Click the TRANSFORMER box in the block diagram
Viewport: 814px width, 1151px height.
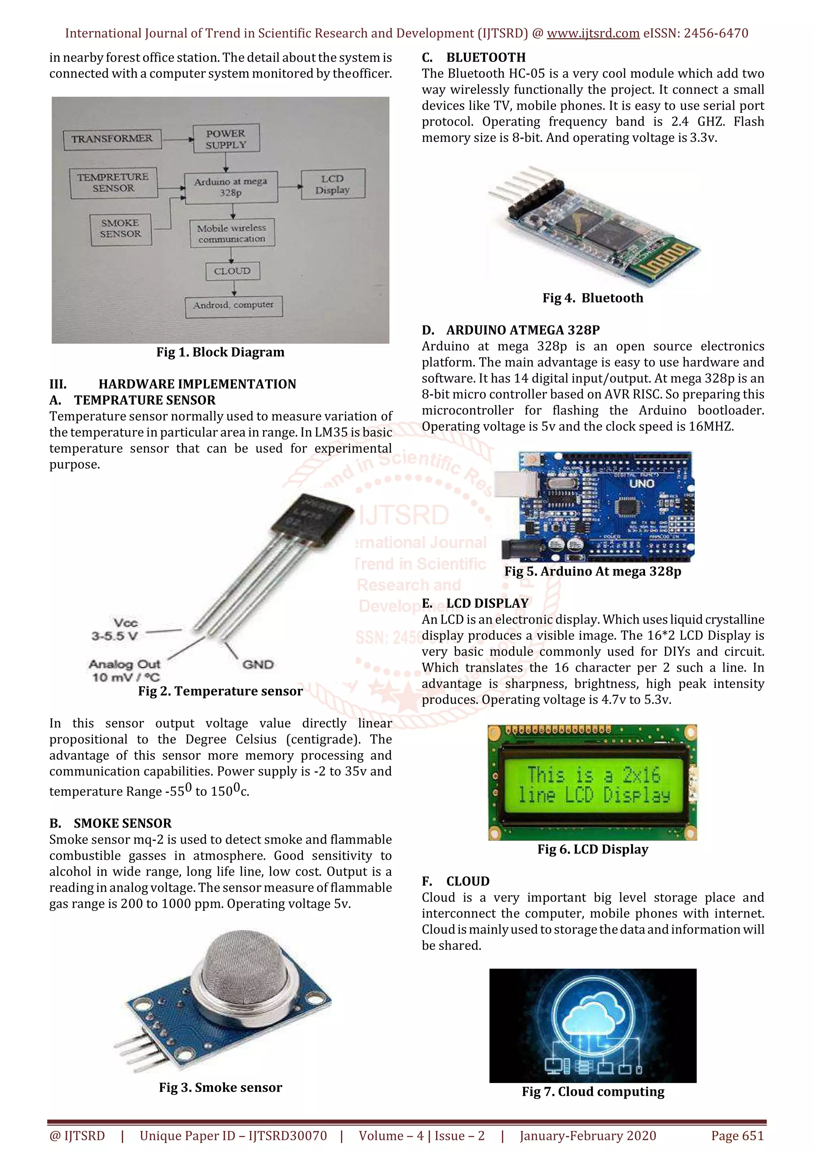112,139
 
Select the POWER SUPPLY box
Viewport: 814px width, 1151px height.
226,139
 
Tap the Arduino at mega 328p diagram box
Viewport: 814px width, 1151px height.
231,187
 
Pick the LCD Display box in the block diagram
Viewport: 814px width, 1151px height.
332,184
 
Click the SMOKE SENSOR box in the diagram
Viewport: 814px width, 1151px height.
120,229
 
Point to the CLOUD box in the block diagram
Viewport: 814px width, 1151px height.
232,271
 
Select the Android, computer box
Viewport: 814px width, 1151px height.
234,305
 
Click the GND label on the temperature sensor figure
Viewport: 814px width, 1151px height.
258,665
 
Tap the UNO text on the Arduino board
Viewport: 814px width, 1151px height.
641,484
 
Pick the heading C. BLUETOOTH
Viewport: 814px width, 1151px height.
474,57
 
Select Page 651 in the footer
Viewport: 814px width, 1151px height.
737,1136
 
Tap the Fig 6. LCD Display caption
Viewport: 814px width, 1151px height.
593,849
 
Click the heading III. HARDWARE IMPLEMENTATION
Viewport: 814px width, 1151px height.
172,384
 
